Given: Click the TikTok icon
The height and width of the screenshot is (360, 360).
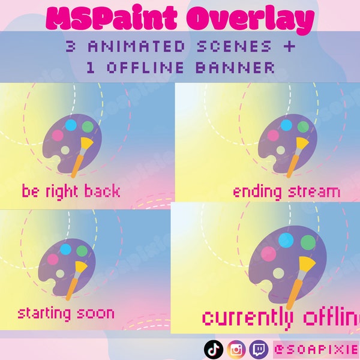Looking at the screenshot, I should click(213, 349).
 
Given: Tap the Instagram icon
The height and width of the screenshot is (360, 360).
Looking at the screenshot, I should click(237, 349).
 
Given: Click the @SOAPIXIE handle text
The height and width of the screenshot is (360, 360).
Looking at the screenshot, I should click(315, 349).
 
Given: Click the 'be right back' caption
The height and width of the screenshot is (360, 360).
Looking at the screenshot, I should click(71, 191).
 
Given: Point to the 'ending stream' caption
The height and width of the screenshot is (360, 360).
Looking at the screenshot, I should click(286, 192).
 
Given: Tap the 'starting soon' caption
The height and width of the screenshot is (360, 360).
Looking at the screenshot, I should click(65, 313).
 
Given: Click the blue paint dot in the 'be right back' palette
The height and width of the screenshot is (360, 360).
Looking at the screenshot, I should click(71, 125).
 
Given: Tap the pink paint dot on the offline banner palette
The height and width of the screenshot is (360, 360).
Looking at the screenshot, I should click(269, 254).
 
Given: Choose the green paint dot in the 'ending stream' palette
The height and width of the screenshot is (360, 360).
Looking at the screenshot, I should click(303, 127).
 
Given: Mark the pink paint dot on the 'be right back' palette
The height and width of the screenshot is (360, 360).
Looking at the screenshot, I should click(58, 135).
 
